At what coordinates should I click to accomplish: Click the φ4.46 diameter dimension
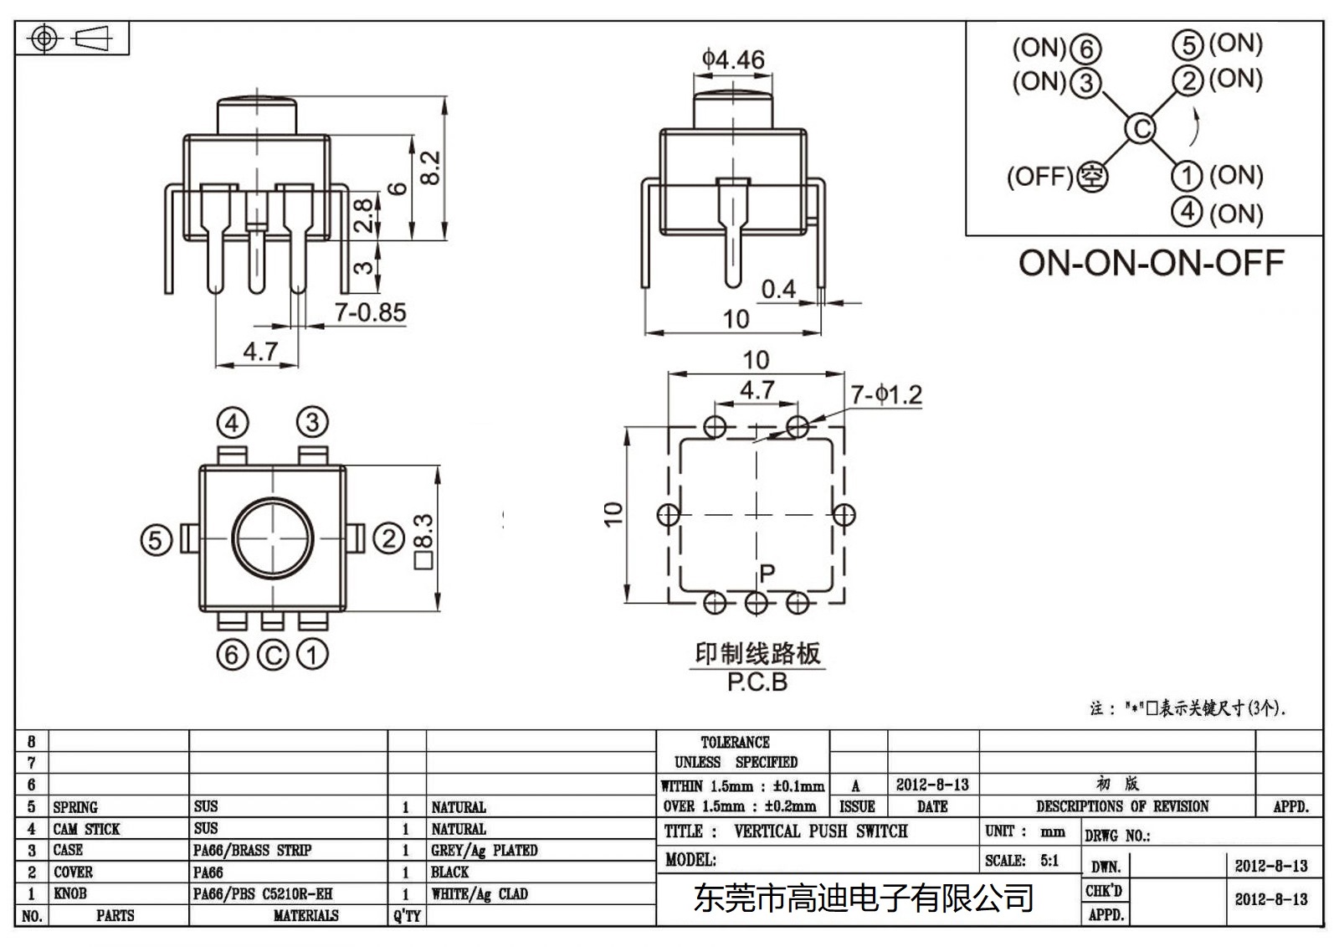point(733,59)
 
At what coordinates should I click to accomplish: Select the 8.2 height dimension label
point(429,167)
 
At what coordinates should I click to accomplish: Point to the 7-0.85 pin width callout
point(370,312)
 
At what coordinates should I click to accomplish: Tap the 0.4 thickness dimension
point(778,289)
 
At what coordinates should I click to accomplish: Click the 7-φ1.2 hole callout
point(886,394)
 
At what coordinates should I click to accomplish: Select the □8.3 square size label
point(424,542)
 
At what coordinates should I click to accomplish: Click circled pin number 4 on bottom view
point(233,423)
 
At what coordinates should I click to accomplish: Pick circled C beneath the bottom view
point(273,655)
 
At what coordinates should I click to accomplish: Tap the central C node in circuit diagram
point(1140,129)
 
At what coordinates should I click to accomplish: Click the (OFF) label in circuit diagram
point(1039,177)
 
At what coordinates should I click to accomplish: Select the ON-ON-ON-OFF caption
point(1151,263)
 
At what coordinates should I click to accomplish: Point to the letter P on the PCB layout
point(767,574)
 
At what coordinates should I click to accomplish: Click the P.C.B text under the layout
point(757,682)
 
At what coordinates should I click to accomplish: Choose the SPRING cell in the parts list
point(75,807)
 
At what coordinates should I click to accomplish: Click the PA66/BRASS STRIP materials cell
point(252,851)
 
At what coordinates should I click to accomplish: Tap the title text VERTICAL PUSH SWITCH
point(820,831)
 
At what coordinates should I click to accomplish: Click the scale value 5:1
point(1049,861)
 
